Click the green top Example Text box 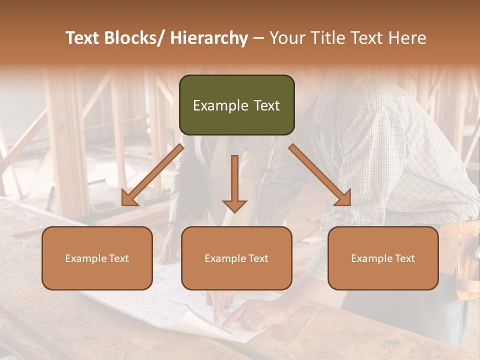(236, 105)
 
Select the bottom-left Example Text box (97, 258)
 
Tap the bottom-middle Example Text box (236, 258)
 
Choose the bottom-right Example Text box (383, 258)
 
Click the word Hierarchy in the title (209, 38)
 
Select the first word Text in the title (83, 38)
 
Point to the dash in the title (258, 38)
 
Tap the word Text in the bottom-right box (404, 258)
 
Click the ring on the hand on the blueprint (248, 321)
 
